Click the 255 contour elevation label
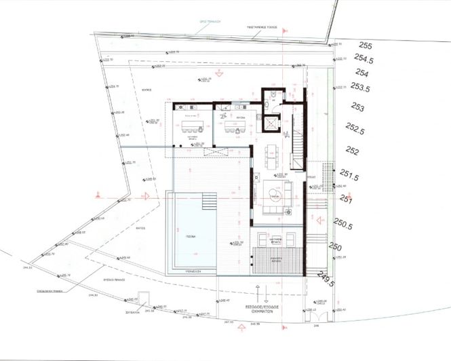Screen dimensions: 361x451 point(366,46)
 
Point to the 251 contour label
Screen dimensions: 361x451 point(347,199)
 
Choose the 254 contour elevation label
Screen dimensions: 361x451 point(361,73)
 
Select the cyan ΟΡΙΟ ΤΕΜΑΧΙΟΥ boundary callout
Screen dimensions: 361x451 point(203,21)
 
